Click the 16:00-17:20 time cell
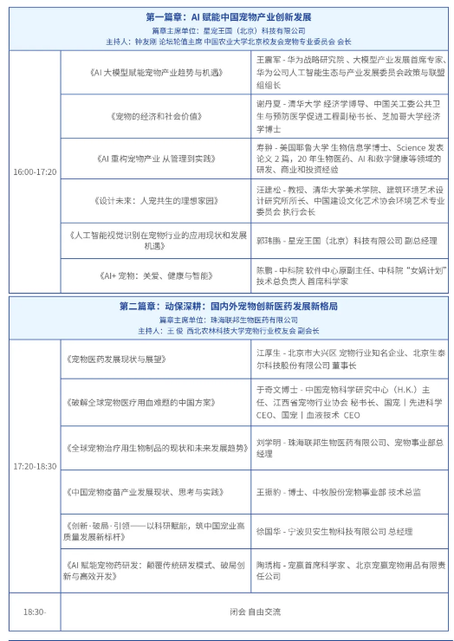click(35, 172)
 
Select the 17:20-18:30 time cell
click(35, 466)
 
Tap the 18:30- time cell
click(35, 612)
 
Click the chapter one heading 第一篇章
click(229, 16)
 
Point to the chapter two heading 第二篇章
click(229, 307)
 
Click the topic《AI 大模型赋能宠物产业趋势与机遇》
click(154, 73)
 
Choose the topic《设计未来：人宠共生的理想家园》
click(154, 200)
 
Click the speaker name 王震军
click(270, 60)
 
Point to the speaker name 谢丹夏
click(270, 102)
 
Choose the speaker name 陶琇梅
click(270, 565)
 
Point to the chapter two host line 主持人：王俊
click(229, 330)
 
